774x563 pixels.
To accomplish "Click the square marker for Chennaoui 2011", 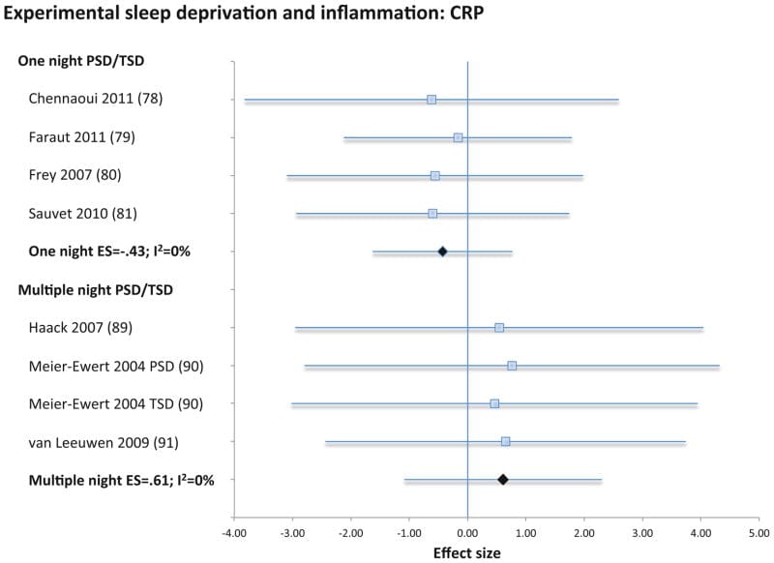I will pyautogui.click(x=432, y=100).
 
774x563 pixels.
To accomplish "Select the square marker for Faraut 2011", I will pyautogui.click(x=458, y=137).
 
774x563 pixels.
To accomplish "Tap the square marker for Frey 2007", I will pyautogui.click(x=435, y=175).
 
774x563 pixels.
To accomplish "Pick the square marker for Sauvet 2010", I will pyautogui.click(x=432, y=213).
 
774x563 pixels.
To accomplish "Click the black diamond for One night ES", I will pyautogui.click(x=442, y=252).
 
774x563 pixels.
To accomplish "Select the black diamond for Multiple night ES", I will pyautogui.click(x=503, y=479).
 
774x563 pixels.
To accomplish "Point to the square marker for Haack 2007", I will pyautogui.click(x=499, y=328).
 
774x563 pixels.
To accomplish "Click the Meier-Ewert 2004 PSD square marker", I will pyautogui.click(x=512, y=366).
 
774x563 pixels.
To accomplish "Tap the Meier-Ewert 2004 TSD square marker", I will pyautogui.click(x=494, y=403).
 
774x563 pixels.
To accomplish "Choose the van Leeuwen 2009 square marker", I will pyautogui.click(x=505, y=441).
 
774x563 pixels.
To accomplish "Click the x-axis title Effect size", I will pyautogui.click(x=468, y=553).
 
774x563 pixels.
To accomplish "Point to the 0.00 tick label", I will pyautogui.click(x=467, y=531).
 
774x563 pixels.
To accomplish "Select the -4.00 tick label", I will pyautogui.click(x=233, y=531).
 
